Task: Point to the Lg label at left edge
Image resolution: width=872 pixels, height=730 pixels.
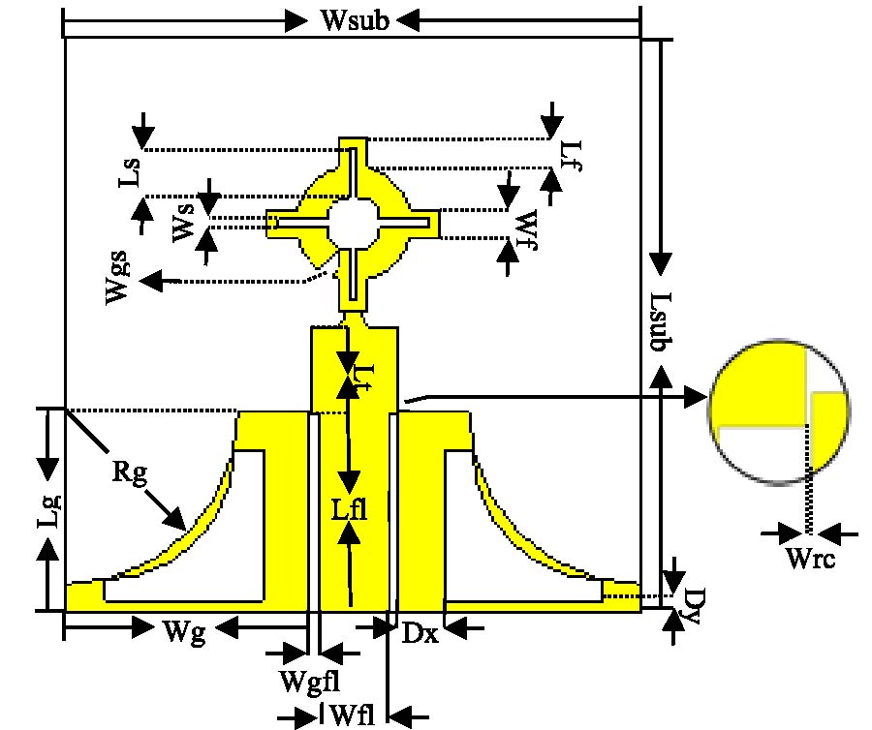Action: point(49,508)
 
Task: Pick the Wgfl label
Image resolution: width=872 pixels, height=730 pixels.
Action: point(307,680)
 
